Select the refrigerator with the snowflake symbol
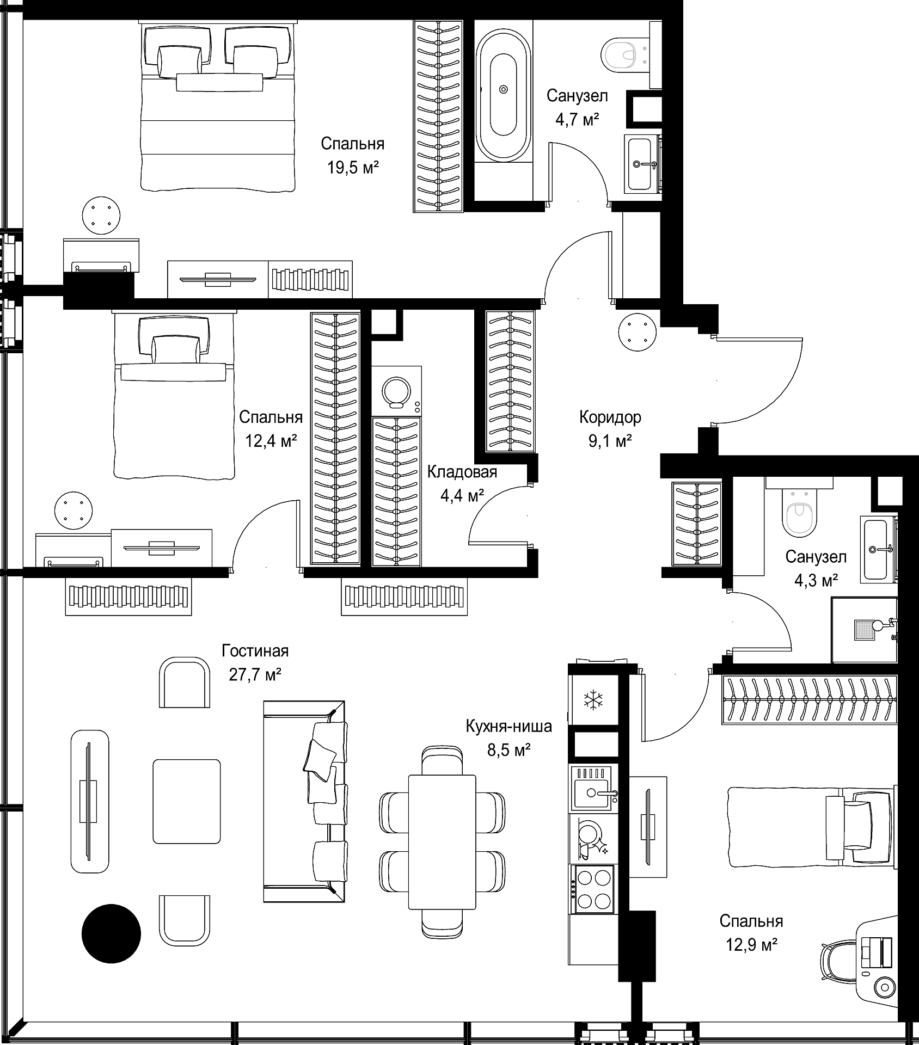pos(593,699)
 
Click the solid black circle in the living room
pos(111,934)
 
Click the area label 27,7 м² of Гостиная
pos(255,675)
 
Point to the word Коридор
pos(610,417)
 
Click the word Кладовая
pos(462,472)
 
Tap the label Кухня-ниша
pos(508,726)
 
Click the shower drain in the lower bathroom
pos(864,629)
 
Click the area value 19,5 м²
pos(353,167)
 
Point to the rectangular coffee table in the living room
pos(187,802)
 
